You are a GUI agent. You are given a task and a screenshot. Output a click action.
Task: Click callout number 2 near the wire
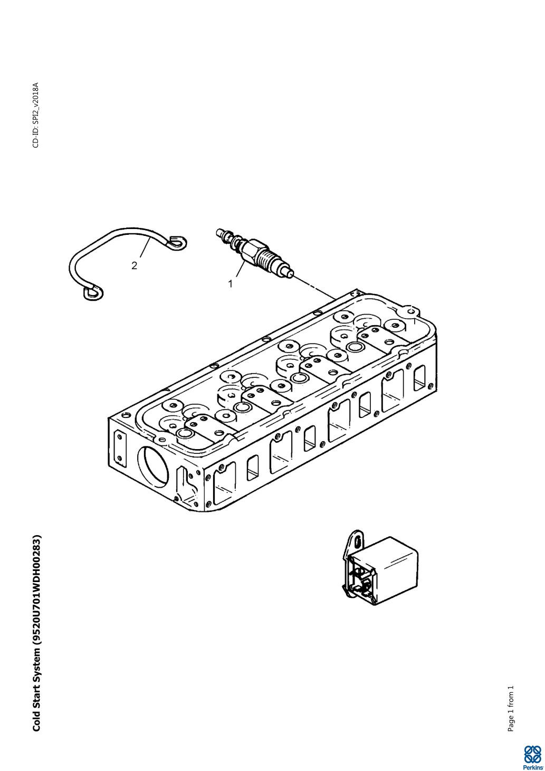tap(134, 265)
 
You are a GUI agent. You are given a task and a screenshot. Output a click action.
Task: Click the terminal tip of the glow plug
tap(219, 231)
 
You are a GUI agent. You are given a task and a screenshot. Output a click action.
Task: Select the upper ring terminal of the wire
tap(178, 242)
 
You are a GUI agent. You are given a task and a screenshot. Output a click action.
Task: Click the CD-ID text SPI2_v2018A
tap(36, 115)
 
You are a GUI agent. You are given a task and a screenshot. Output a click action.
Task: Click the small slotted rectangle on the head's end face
tap(120, 446)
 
